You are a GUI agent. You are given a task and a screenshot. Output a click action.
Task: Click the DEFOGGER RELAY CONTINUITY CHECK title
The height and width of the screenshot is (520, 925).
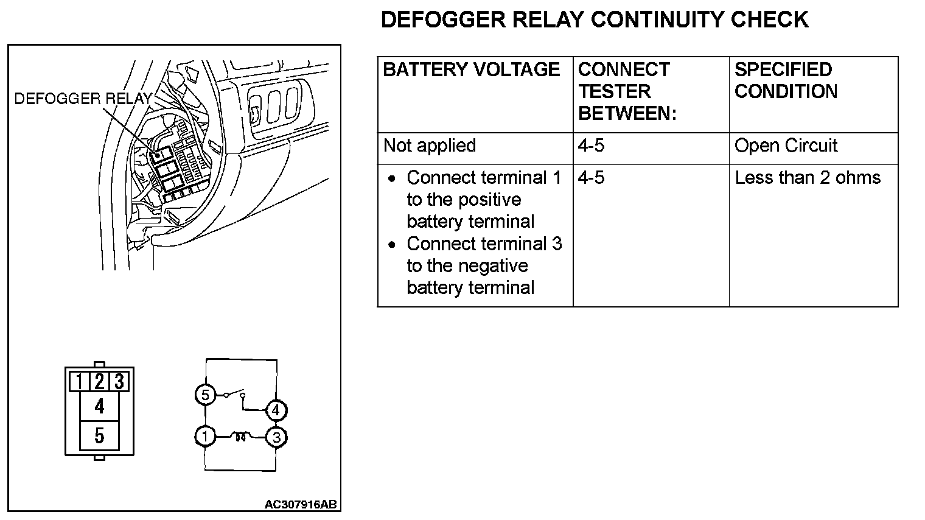pyautogui.click(x=594, y=19)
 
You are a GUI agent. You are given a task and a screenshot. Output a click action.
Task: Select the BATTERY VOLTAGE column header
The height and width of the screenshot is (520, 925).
pyautogui.click(x=472, y=69)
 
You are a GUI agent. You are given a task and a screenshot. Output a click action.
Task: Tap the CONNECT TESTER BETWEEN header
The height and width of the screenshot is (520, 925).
pyautogui.click(x=627, y=91)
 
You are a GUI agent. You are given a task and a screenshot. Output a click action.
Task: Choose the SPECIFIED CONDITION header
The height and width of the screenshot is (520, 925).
pyautogui.click(x=786, y=80)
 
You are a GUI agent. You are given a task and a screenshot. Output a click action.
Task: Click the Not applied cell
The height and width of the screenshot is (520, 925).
pyautogui.click(x=430, y=146)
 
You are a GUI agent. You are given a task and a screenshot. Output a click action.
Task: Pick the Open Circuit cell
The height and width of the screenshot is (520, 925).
pyautogui.click(x=786, y=146)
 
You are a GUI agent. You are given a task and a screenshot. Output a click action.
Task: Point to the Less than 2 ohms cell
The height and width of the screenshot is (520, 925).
pyautogui.click(x=808, y=178)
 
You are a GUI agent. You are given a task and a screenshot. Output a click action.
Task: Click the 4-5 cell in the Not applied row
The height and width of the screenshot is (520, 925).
pyautogui.click(x=591, y=146)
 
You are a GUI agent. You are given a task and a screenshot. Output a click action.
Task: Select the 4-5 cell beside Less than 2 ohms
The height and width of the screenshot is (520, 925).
pyautogui.click(x=591, y=178)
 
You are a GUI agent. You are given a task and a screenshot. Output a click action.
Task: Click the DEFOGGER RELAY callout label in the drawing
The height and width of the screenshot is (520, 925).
pyautogui.click(x=82, y=99)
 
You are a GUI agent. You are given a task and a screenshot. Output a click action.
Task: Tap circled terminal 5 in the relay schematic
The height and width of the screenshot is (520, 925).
pyautogui.click(x=205, y=395)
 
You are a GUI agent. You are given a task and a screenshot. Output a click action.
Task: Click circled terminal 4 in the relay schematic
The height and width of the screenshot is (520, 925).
pyautogui.click(x=276, y=410)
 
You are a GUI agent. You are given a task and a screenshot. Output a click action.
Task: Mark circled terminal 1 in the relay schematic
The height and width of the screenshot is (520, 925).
pyautogui.click(x=205, y=436)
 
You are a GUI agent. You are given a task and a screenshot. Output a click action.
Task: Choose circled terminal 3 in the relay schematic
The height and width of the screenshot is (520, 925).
pyautogui.click(x=276, y=437)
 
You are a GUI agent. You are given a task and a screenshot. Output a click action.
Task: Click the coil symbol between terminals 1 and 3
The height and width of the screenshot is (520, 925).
pyautogui.click(x=241, y=437)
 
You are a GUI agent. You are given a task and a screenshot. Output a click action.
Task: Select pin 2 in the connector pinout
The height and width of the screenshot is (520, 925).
pyautogui.click(x=99, y=382)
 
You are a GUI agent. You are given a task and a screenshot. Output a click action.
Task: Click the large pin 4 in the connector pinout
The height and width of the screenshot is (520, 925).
pyautogui.click(x=99, y=406)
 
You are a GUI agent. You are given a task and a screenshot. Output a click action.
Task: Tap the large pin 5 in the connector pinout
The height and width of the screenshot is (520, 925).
pyautogui.click(x=99, y=435)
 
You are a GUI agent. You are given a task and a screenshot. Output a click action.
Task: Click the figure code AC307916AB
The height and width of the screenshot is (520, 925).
pyautogui.click(x=301, y=505)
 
